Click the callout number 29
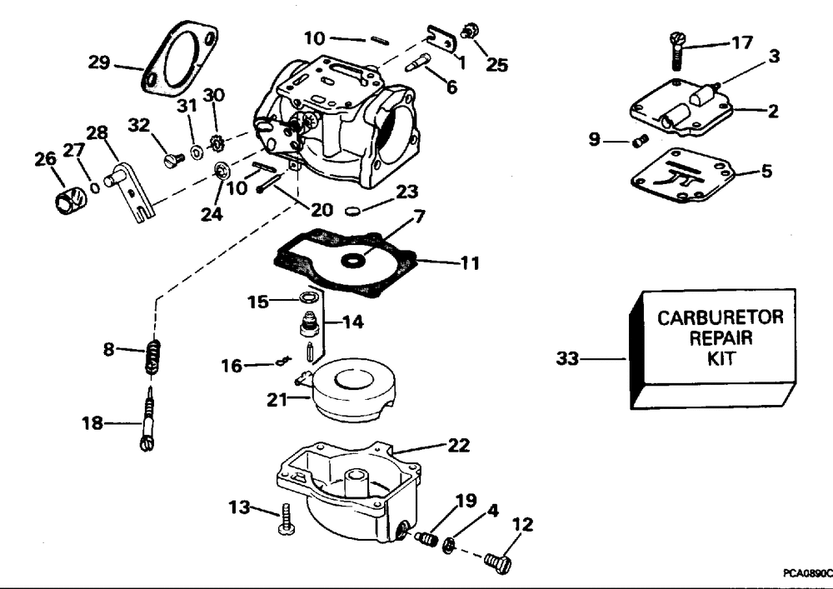(x=99, y=62)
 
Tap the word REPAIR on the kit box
(x=721, y=338)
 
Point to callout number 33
(x=567, y=358)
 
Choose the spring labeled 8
(x=152, y=357)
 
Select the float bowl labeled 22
(x=348, y=492)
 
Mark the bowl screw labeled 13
(x=285, y=518)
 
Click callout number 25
(x=496, y=64)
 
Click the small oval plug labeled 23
(x=352, y=212)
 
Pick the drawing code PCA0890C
(x=807, y=574)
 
